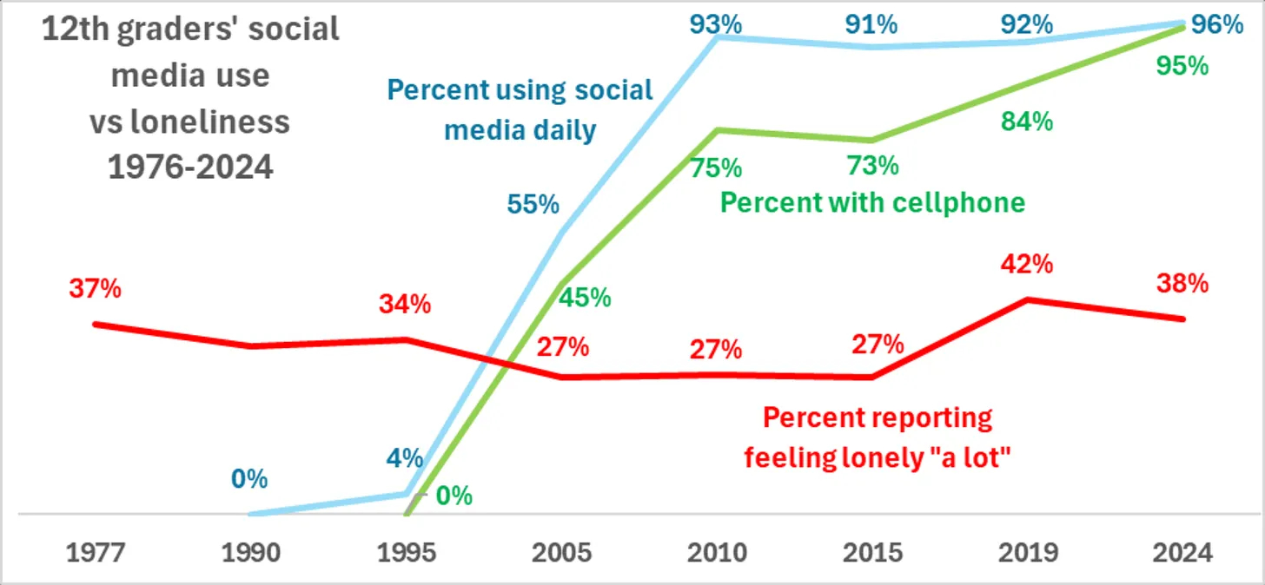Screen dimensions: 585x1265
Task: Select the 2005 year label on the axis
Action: [x=562, y=552]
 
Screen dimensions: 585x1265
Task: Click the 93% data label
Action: [x=716, y=24]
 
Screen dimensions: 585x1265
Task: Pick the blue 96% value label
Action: [x=1216, y=24]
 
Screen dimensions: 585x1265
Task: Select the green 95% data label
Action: [x=1183, y=66]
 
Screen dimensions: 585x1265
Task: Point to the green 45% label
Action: [x=584, y=298]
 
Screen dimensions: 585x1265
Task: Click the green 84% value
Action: [x=1027, y=122]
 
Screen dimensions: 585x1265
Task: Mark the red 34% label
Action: [x=404, y=305]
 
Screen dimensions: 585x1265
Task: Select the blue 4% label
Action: [x=404, y=457]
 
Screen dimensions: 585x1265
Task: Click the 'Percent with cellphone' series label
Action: [x=873, y=202]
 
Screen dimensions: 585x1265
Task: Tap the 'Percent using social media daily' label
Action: [x=520, y=110]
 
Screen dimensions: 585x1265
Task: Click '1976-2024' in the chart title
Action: [x=190, y=165]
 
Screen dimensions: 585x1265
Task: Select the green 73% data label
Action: [x=872, y=165]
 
